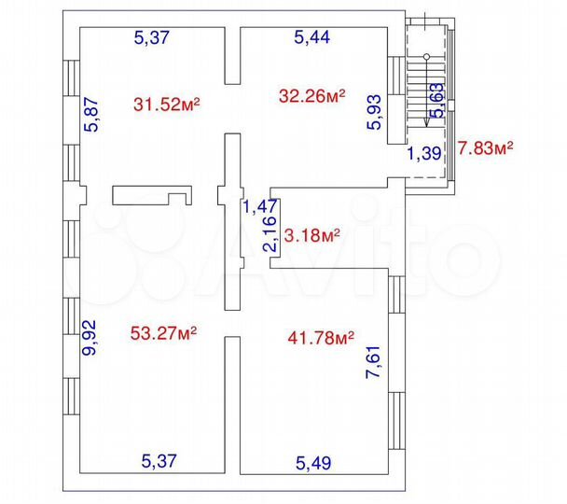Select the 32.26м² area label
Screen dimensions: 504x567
pyautogui.click(x=312, y=94)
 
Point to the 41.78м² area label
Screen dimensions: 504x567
pyautogui.click(x=320, y=336)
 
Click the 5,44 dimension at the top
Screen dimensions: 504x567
pyautogui.click(x=311, y=37)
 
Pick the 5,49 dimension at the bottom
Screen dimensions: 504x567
pyautogui.click(x=314, y=460)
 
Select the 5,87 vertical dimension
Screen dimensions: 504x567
pyautogui.click(x=91, y=116)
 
